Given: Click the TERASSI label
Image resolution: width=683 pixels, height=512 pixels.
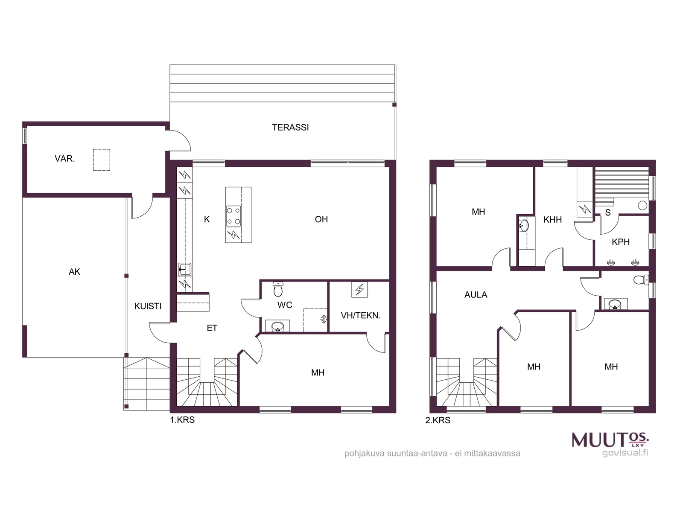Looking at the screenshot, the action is tap(290, 128).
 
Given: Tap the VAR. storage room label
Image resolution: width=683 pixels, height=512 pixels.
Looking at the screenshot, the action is tap(65, 159).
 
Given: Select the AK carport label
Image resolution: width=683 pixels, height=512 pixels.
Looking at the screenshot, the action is tap(74, 272).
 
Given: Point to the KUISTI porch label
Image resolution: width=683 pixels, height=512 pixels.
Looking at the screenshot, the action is tap(148, 306).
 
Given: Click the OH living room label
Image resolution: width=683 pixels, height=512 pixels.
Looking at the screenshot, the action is tap(321, 219).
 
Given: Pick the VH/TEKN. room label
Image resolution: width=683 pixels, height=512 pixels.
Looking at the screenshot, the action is tap(361, 316).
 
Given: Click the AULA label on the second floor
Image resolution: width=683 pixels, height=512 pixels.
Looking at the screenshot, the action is tap(476, 295).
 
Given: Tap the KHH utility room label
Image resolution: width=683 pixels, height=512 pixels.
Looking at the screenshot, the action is tap(553, 220).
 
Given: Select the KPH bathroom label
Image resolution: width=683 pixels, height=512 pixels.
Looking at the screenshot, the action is tap(621, 242).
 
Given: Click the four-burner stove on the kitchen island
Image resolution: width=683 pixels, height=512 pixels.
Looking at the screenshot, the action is tap(234, 216).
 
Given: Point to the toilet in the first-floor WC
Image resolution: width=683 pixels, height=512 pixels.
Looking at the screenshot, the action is tap(278, 289).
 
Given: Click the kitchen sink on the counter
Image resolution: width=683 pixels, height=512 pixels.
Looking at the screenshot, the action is tap(184, 270).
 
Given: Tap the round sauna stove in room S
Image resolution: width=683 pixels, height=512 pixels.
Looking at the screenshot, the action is tap(642, 205).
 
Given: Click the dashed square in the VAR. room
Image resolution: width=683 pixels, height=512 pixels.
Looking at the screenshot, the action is tap(102, 160).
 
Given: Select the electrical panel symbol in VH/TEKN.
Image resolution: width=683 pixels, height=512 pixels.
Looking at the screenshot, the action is tap(359, 289).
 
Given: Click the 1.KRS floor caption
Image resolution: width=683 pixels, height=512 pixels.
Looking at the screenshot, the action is tap(182, 420).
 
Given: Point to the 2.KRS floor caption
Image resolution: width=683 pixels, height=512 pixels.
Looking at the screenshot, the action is tap(438, 421).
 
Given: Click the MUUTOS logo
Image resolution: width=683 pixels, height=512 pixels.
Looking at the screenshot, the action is tap(610, 439).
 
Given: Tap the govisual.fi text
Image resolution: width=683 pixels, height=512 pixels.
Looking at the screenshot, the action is tap(625, 453).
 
